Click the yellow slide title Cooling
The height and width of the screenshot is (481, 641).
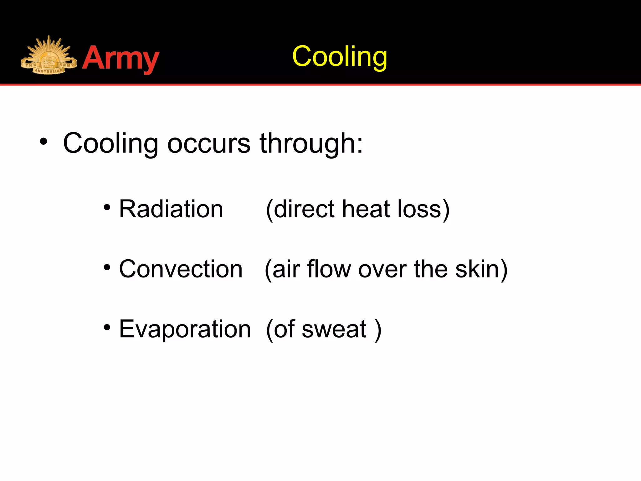(x=340, y=56)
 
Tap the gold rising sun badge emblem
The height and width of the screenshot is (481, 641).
(x=49, y=56)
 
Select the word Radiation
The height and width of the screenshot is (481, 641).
(x=171, y=209)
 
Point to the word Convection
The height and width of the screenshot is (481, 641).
(x=181, y=269)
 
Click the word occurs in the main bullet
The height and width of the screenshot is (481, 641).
(x=209, y=143)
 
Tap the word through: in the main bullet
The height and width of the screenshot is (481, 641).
(x=311, y=143)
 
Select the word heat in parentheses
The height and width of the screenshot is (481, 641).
(x=366, y=209)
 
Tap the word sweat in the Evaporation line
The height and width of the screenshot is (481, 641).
(x=334, y=329)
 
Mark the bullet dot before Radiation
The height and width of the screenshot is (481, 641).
(x=107, y=207)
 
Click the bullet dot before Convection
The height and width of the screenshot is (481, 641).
(x=107, y=267)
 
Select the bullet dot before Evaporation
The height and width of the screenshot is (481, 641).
(x=107, y=328)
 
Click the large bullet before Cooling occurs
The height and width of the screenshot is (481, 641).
(x=44, y=142)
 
